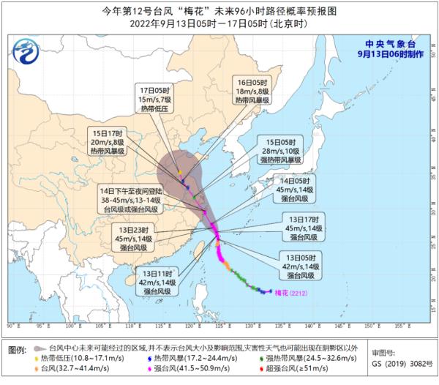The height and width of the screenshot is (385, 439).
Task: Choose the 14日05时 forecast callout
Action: coord(298,188)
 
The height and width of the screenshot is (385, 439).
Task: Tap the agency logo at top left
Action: coord(27,52)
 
